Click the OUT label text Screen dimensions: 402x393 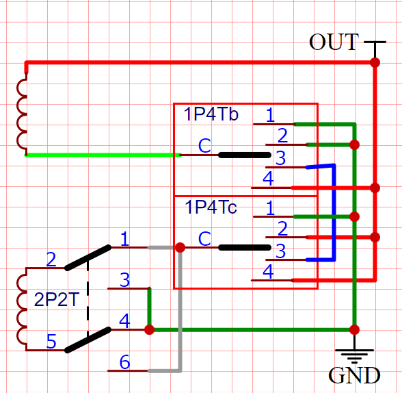click(334, 42)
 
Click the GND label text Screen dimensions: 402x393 click(354, 375)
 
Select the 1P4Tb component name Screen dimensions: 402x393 click(211, 114)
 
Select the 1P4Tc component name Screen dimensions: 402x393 click(211, 207)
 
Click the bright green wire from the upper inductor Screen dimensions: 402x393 click(103, 155)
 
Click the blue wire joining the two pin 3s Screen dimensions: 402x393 click(334, 213)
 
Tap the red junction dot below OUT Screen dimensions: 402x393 click(375, 62)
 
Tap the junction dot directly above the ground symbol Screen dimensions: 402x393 click(354, 330)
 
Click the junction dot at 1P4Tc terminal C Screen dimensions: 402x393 click(180, 248)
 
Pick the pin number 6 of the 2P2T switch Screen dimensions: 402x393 click(125, 362)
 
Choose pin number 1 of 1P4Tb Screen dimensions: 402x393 click(270, 115)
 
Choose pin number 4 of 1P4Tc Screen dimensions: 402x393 click(268, 272)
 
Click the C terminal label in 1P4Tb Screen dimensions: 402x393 click(204, 146)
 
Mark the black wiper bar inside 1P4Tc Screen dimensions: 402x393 click(245, 248)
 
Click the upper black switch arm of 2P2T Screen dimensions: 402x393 click(88, 257)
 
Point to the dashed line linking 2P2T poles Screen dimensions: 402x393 click(88, 299)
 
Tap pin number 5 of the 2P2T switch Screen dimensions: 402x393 click(51, 342)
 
